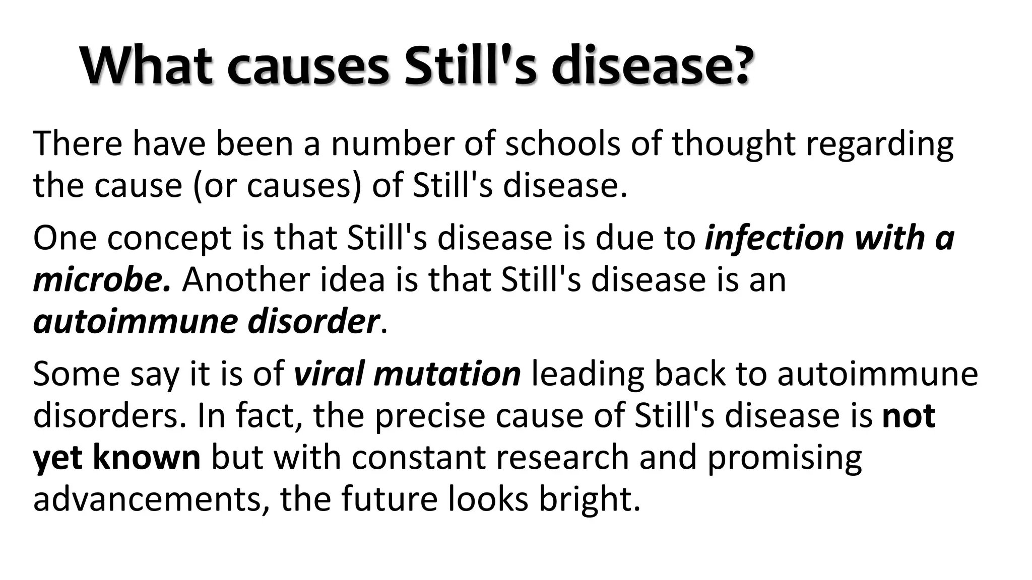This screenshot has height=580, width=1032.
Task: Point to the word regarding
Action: tap(879, 144)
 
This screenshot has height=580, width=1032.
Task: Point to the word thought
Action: tap(733, 144)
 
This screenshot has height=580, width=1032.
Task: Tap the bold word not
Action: tap(909, 416)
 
